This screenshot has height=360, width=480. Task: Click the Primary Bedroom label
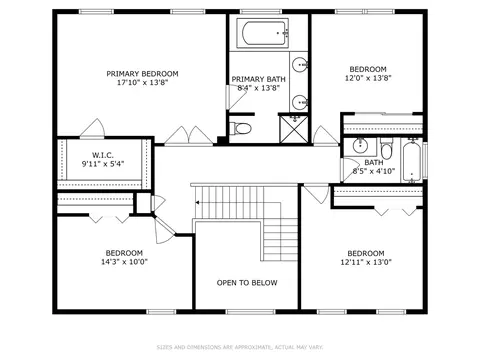142,74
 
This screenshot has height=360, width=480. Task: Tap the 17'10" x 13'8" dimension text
142,83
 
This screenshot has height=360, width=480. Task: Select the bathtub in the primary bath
263,33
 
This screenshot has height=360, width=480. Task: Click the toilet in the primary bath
240,128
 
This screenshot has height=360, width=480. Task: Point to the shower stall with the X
294,129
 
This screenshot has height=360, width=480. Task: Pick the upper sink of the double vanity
299,64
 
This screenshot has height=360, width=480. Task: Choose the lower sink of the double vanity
299,102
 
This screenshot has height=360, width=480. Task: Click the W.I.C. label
103,155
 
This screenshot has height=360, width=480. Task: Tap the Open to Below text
247,283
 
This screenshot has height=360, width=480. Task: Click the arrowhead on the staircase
197,202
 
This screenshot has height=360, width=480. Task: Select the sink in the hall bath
360,145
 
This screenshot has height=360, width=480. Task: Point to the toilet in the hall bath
387,150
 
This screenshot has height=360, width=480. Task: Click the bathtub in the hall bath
412,161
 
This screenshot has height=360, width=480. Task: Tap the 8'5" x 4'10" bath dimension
374,171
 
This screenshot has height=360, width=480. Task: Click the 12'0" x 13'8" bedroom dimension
368,78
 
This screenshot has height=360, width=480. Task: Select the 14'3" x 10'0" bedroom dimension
124,262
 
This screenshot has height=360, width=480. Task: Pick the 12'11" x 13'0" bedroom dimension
366,262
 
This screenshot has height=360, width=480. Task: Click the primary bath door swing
236,97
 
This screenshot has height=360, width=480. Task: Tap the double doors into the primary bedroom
189,136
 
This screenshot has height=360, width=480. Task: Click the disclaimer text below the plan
240,347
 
